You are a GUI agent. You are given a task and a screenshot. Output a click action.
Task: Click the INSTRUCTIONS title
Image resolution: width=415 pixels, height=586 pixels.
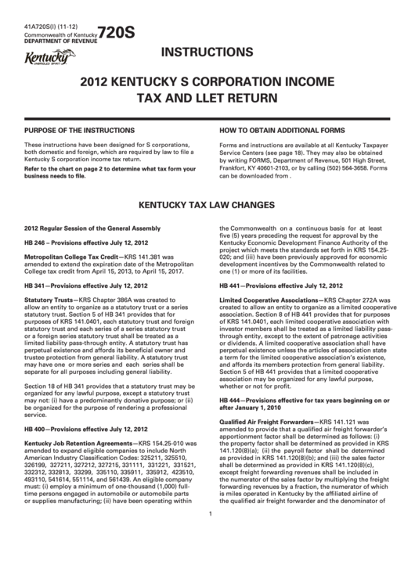coord(207,53)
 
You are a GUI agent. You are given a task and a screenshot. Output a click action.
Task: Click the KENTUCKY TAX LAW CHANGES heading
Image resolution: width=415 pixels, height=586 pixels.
coord(207,206)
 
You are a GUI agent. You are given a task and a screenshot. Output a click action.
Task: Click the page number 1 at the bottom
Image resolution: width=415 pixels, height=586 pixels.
coord(211,556)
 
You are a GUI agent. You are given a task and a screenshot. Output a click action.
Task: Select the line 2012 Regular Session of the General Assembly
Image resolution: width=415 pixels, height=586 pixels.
coord(92,228)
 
